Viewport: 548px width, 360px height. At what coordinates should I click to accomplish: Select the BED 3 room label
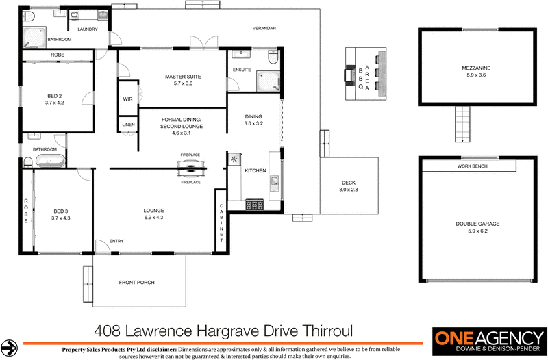pyautogui.click(x=61, y=211)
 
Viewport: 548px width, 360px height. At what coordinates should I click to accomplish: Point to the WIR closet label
pyautogui.click(x=127, y=99)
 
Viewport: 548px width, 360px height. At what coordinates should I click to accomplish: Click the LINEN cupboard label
pyautogui.click(x=128, y=125)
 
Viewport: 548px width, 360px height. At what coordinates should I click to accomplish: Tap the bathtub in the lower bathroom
pyautogui.click(x=50, y=162)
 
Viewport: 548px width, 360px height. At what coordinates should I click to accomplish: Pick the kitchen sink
pyautogui.click(x=275, y=181)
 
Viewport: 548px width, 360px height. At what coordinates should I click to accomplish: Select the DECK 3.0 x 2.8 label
pyautogui.click(x=349, y=185)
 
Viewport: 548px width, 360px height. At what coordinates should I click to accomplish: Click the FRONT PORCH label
pyautogui.click(x=136, y=282)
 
